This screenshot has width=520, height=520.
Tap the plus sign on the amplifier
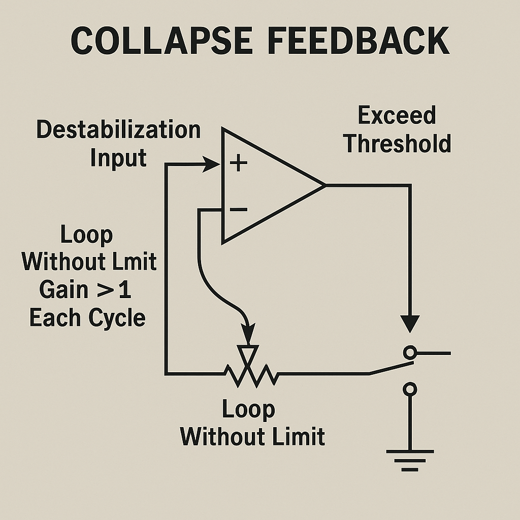238,164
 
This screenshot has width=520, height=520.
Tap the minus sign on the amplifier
238,209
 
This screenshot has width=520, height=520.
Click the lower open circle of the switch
409,389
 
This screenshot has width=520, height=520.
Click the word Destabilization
118,130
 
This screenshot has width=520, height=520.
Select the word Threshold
397,144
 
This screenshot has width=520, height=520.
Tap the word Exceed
397,115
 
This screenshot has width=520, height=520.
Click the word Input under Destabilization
118,158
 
